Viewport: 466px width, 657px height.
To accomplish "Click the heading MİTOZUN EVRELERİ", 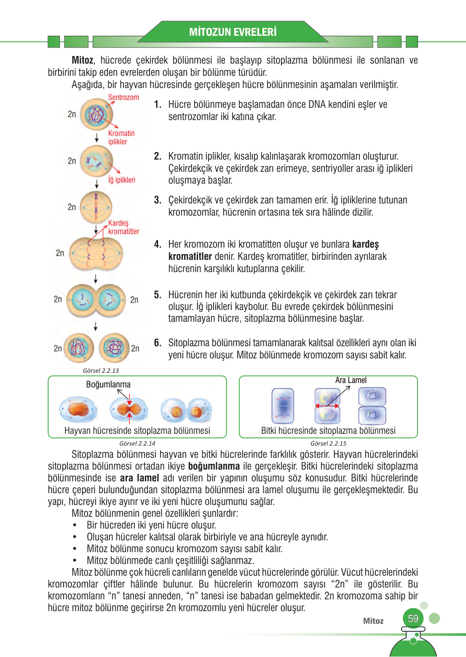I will tap(233, 32).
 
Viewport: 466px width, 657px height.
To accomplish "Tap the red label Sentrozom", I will tap(123, 97).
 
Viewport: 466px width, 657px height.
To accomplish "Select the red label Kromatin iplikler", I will tap(121, 137).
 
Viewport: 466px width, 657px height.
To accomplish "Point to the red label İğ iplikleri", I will tap(122, 180).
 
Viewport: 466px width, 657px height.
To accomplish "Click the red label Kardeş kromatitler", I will tap(123, 227).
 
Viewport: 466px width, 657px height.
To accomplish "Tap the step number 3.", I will tap(158, 200).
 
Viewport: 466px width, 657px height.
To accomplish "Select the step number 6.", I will tap(158, 343).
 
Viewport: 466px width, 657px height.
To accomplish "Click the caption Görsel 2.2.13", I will tap(101, 371).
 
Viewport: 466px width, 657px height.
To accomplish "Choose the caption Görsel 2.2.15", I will tap(328, 443).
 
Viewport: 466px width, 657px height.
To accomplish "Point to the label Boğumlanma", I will tap(108, 385).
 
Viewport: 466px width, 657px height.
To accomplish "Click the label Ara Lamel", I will tap(351, 380).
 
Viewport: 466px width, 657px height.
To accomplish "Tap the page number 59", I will tap(413, 619).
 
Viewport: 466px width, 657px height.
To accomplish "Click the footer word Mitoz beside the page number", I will tap(373, 621).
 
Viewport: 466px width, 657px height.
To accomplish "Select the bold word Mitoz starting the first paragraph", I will tap(83, 60).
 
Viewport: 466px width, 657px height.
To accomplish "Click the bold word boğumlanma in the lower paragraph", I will tap(214, 466).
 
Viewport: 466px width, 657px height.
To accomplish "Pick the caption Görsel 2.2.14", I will tap(137, 443).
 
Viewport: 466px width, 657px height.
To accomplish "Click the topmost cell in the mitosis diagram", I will tap(96, 115).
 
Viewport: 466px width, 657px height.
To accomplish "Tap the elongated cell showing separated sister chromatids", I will tap(96, 254).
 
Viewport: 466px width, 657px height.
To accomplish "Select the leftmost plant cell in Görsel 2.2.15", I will tap(283, 406).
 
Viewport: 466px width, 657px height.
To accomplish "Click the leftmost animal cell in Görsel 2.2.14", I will tap(78, 409).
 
